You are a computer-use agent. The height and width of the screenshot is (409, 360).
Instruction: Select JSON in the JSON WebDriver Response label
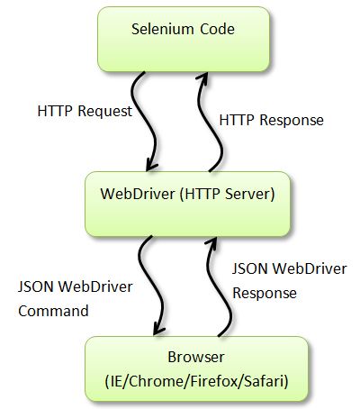pos(248,269)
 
